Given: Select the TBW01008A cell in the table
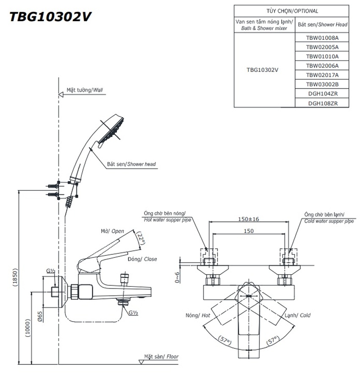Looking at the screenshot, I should coord(322,38).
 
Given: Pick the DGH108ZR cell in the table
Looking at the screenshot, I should coord(322,103).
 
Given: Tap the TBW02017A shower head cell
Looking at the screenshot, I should coord(322,75).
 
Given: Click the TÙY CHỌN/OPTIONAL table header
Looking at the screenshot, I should coord(292,11).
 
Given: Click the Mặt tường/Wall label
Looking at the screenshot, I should coord(85,90).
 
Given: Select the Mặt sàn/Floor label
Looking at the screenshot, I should coord(161,357).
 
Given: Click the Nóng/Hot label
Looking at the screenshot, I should coord(198,315).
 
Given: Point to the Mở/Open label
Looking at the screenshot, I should coord(112,231).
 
